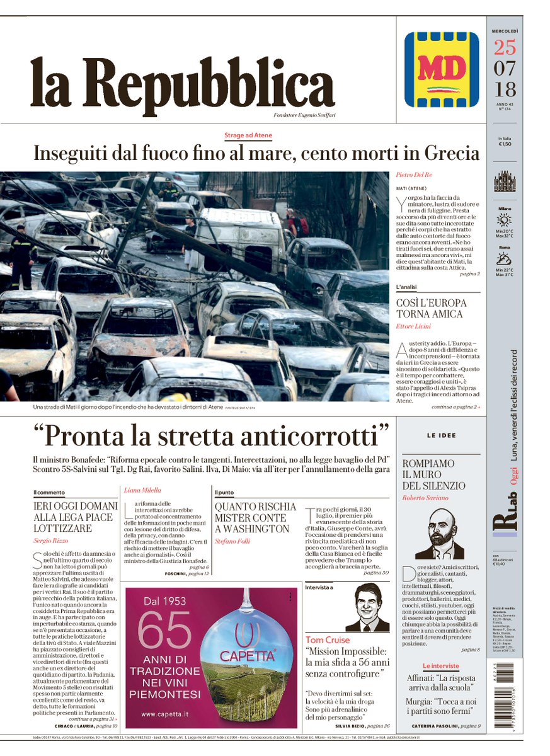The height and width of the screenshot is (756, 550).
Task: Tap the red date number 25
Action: tap(505, 48)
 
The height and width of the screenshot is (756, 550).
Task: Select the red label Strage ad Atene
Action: tap(248, 135)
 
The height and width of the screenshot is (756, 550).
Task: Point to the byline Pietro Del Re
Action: tap(414, 174)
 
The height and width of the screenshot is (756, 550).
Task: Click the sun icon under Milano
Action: tap(504, 220)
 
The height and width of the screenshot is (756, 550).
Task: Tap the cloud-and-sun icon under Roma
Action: tap(504, 258)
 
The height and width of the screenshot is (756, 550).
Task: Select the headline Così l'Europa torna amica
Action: tap(430, 308)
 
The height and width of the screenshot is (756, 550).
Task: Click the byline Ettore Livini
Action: tap(413, 326)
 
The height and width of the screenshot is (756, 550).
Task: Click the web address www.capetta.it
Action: tap(164, 714)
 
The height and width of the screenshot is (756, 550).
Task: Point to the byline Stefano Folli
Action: tap(232, 539)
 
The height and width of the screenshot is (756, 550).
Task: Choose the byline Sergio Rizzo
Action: tap(50, 541)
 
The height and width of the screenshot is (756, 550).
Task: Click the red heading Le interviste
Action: tap(441, 666)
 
